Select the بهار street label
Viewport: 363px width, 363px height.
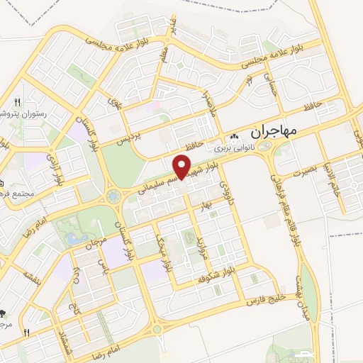207,206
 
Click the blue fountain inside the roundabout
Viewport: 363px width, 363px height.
113,196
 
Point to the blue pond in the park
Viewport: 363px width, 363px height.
74,239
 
